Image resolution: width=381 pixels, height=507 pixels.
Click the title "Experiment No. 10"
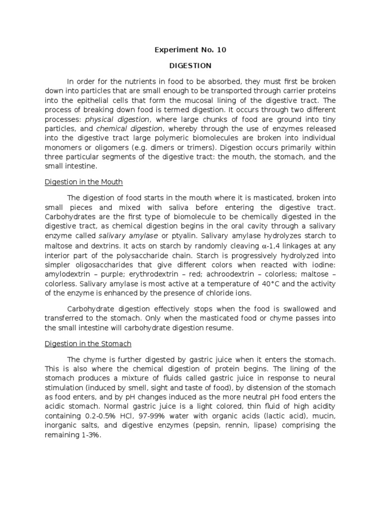190,50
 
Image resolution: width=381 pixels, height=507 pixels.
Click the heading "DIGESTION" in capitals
190,65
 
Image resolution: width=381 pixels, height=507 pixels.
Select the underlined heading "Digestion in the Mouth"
84,182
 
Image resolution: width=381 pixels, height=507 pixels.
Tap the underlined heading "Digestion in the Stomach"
88,344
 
